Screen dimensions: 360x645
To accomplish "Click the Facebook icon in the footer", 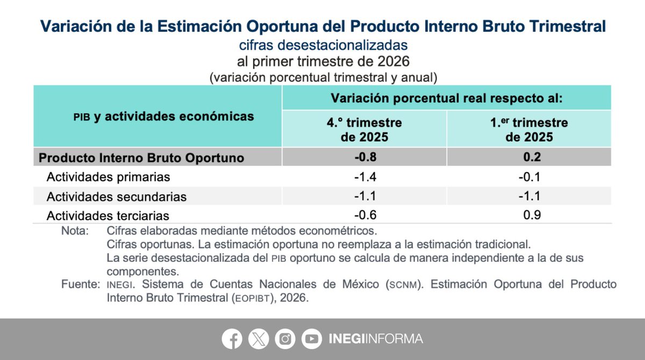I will pos(232,339).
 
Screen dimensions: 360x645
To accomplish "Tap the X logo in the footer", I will pos(259,339).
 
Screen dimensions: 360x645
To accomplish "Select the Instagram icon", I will pos(285,339).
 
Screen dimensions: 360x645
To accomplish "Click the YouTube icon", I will pos(311,339).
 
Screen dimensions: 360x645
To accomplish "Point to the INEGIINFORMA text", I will pos(375,339).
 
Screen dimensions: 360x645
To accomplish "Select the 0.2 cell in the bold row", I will pos(529,157).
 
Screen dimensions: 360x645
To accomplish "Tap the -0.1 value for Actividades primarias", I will pos(529,177).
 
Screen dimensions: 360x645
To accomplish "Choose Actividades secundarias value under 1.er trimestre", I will pos(529,196).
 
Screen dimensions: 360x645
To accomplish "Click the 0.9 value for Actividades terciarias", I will pos(531,215).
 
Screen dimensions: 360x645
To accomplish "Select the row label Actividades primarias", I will pos(108,177).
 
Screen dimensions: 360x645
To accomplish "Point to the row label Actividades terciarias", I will pos(107,216).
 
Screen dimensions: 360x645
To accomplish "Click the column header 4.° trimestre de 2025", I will pos(364,129).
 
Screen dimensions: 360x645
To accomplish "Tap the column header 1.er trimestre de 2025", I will pos(529,129).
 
